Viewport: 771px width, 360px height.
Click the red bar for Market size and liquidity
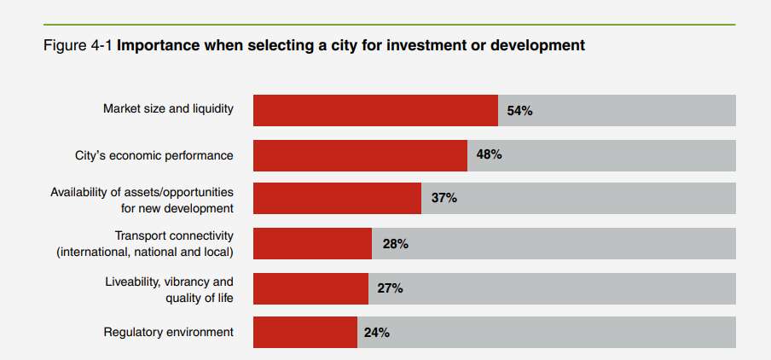pyautogui.click(x=375, y=110)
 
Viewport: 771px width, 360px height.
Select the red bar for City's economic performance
pyautogui.click(x=360, y=155)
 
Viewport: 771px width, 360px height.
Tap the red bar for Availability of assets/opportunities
pyautogui.click(x=337, y=198)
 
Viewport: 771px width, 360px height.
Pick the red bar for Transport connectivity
pyautogui.click(x=312, y=243)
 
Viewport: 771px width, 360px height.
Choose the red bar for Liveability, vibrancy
pyautogui.click(x=310, y=288)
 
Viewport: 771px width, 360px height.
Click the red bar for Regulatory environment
pyautogui.click(x=304, y=332)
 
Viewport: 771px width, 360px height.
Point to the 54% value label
pyautogui.click(x=519, y=111)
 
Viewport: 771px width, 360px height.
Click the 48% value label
pyautogui.click(x=489, y=155)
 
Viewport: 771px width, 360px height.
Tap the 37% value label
pyautogui.click(x=443, y=198)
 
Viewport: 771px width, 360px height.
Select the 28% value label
pyautogui.click(x=395, y=244)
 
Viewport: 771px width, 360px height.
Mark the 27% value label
pyautogui.click(x=390, y=288)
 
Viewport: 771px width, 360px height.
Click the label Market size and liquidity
pyautogui.click(x=168, y=109)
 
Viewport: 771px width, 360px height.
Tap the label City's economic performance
pyautogui.click(x=154, y=155)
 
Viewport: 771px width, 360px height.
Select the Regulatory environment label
pyautogui.click(x=168, y=332)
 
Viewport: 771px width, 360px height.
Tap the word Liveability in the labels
pyautogui.click(x=135, y=281)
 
